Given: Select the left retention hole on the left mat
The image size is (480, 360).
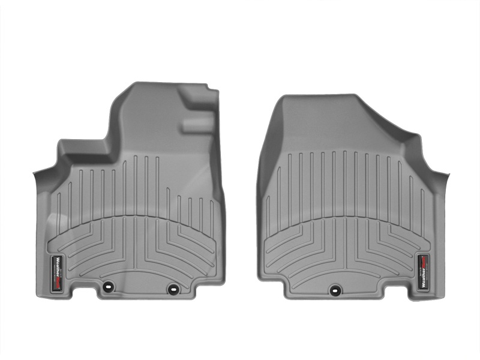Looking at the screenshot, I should [108, 287].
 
